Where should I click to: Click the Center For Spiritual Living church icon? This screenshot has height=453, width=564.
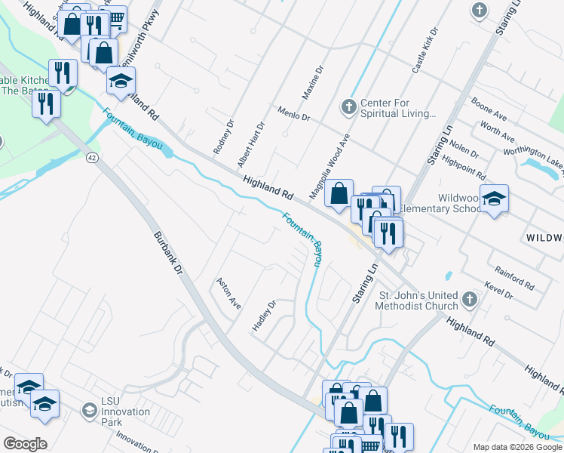tap(348, 107)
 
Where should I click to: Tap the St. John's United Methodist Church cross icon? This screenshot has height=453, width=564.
tap(468, 299)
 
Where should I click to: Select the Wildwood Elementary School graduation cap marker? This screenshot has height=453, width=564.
tap(494, 199)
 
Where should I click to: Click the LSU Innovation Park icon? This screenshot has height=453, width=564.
tap(89, 411)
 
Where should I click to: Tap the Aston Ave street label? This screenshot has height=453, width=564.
tap(228, 293)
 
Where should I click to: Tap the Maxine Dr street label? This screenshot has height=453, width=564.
tap(312, 82)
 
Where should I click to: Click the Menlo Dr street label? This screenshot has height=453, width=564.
tap(293, 114)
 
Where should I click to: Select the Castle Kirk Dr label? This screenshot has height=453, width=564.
tap(425, 51)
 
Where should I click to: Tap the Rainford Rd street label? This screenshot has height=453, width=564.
tap(514, 278)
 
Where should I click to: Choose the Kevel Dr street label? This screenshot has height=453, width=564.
tap(499, 290)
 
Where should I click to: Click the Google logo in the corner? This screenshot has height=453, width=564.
tap(25, 444)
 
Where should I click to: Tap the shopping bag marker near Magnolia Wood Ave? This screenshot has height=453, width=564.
tap(339, 193)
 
